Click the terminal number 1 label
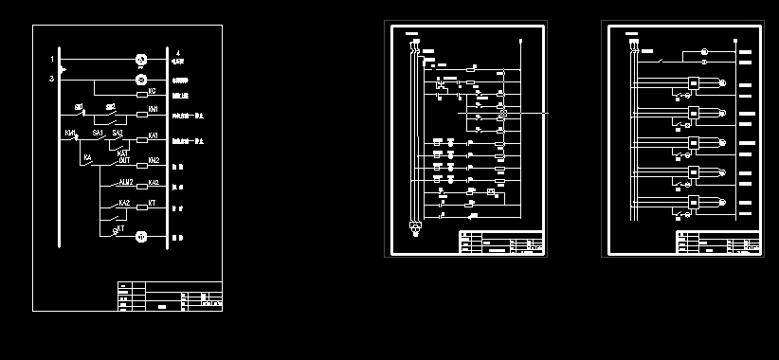(52, 60)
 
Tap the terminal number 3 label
(52, 78)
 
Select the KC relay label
(153, 91)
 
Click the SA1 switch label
(99, 134)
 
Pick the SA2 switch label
(118, 134)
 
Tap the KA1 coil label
(154, 135)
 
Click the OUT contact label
(124, 160)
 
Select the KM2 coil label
(154, 160)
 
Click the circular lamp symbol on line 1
(140, 60)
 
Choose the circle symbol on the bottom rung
(140, 235)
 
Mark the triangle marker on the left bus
(63, 69)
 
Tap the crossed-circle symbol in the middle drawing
(503, 113)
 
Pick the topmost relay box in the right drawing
(694, 83)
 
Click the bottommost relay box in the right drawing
(694, 202)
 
